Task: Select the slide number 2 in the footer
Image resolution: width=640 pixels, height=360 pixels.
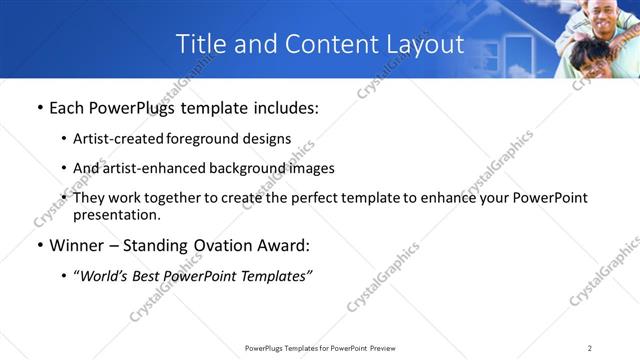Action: point(590,348)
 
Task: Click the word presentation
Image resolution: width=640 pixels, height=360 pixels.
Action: point(116,214)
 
